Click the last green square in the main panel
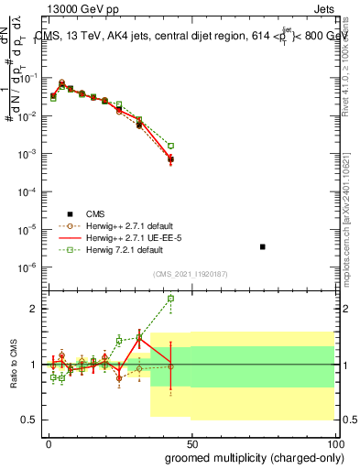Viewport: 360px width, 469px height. (170, 146)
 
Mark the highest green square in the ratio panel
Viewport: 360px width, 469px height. (170, 299)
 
